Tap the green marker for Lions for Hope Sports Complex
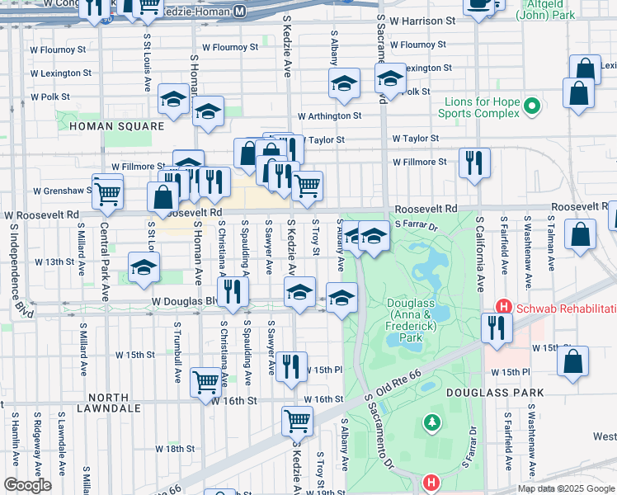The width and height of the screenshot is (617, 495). pyautogui.click(x=532, y=106)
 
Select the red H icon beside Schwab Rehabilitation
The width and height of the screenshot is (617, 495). pyautogui.click(x=502, y=307)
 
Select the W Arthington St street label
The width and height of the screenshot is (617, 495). pyautogui.click(x=330, y=117)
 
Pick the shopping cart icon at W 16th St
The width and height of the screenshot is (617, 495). pyautogui.click(x=206, y=381)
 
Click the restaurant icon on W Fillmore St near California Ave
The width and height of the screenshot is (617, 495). pyautogui.click(x=474, y=163)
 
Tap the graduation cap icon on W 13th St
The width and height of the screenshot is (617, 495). pyautogui.click(x=144, y=267)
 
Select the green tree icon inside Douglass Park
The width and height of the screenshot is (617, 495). pyautogui.click(x=431, y=423)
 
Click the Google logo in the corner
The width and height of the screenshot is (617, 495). pyautogui.click(x=27, y=485)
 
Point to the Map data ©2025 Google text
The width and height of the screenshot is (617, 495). pyautogui.click(x=565, y=488)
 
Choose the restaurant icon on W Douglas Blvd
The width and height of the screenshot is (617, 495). pyautogui.click(x=233, y=293)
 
